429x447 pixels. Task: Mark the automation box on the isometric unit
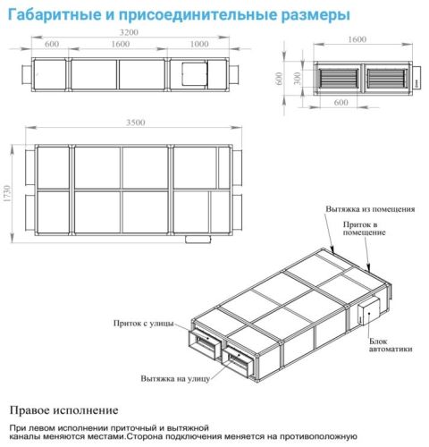[x=367, y=312]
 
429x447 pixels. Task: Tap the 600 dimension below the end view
[x=341, y=102]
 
